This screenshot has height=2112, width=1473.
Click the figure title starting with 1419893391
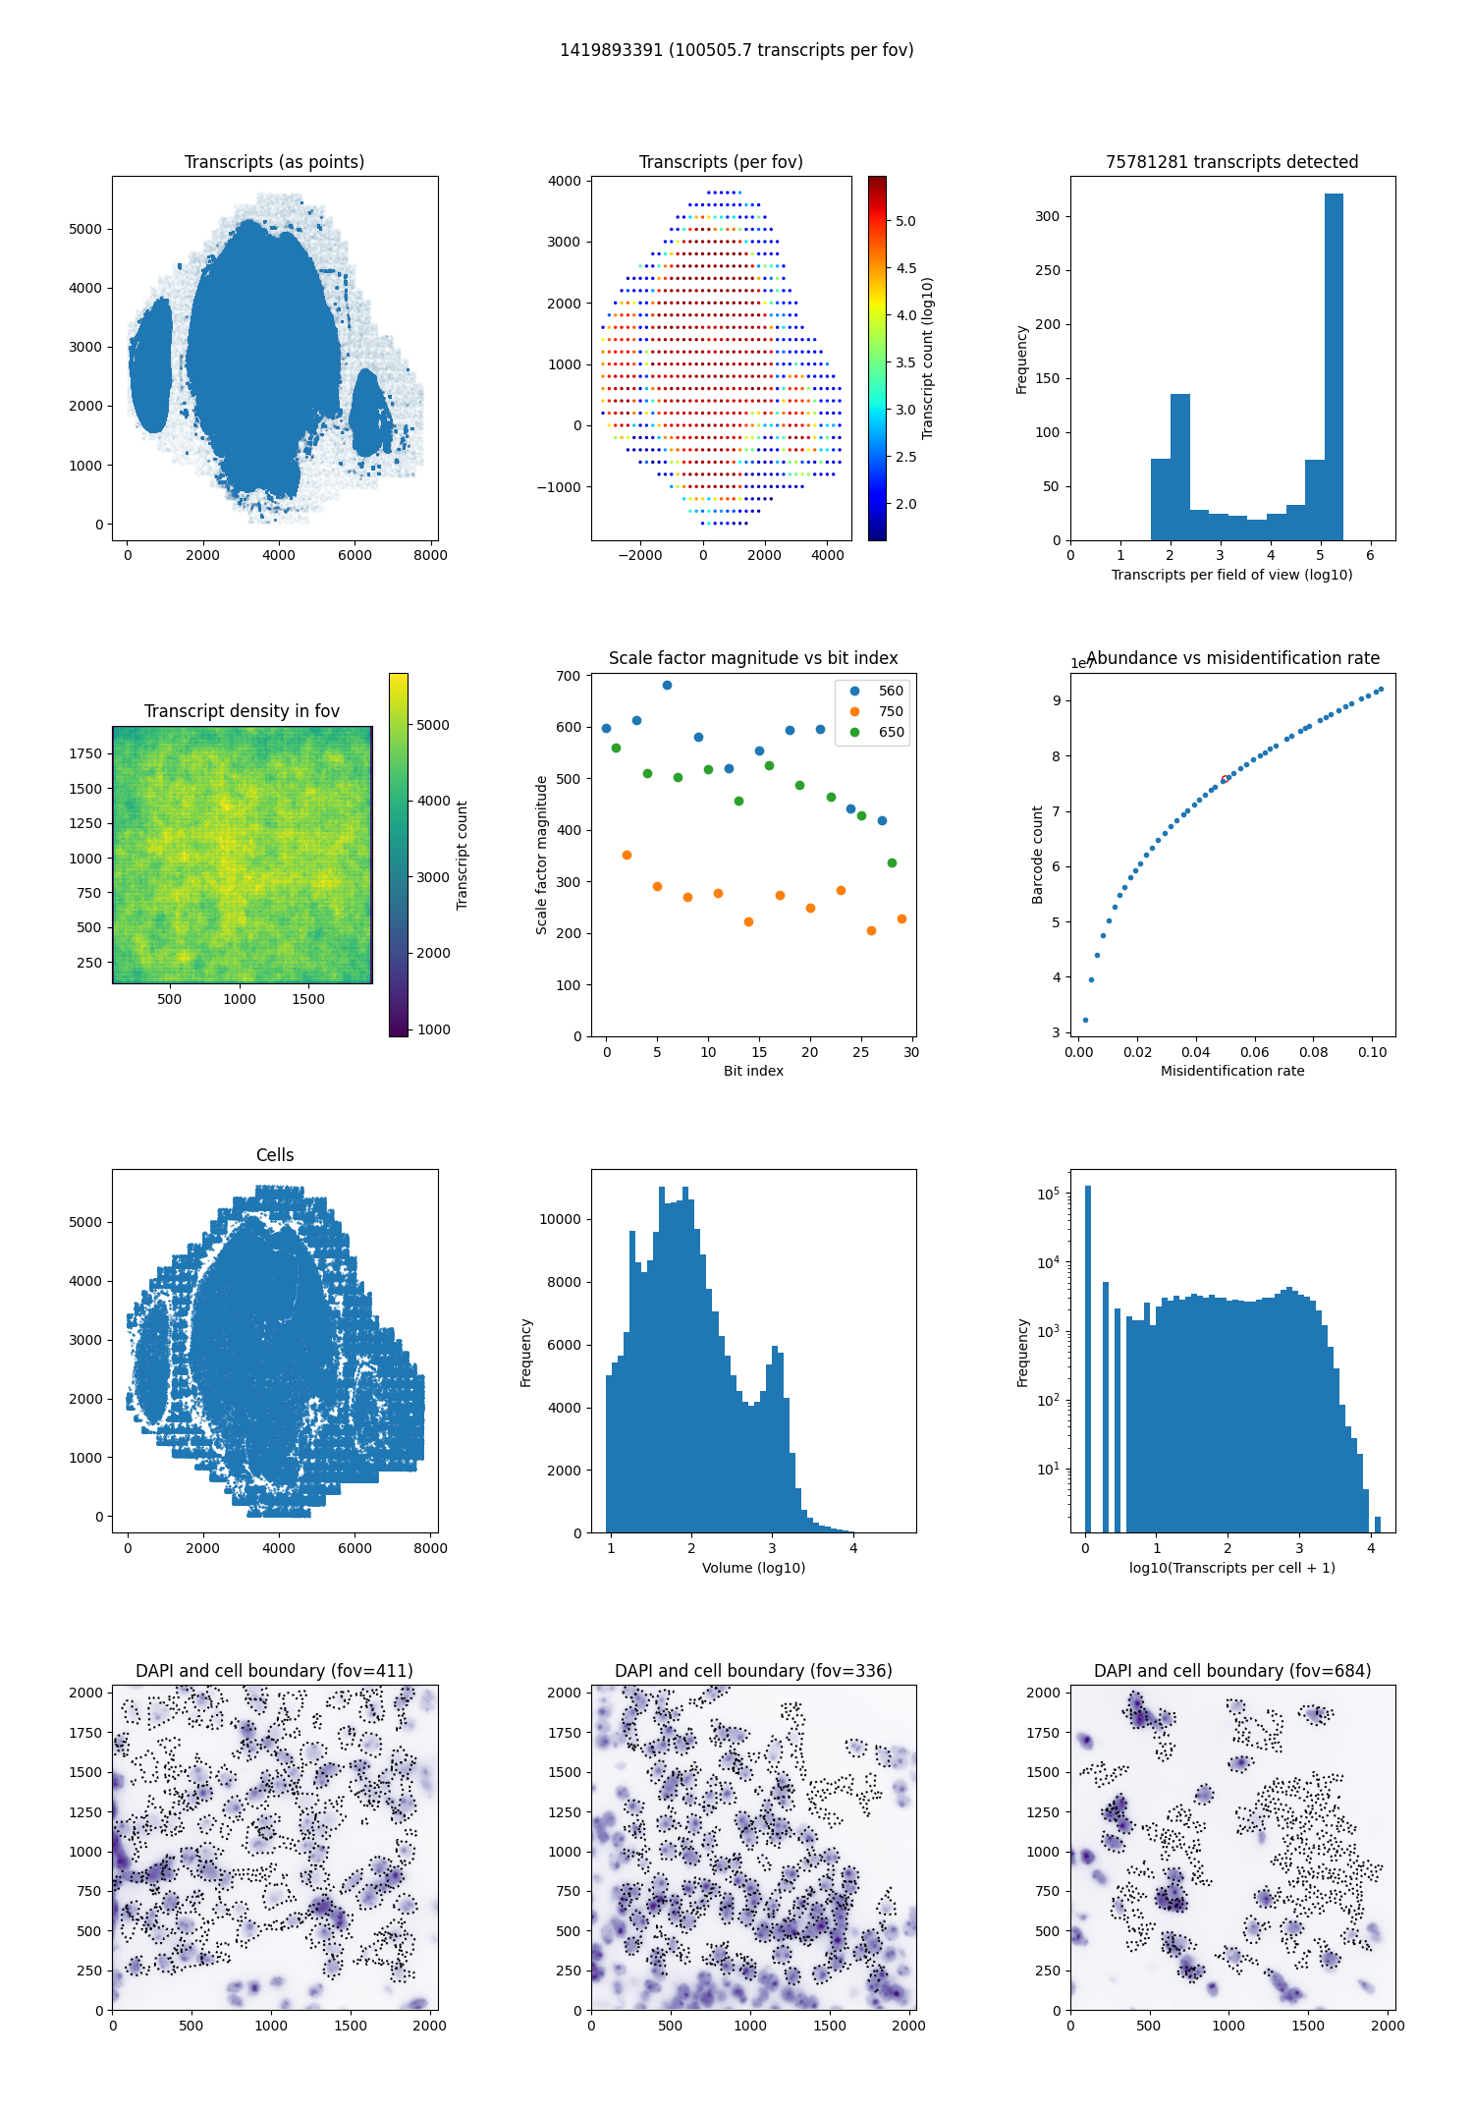(736, 50)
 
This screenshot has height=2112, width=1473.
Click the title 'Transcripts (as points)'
(275, 162)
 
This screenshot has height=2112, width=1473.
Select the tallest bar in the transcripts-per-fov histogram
(1334, 366)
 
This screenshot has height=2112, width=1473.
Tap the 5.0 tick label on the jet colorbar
(905, 221)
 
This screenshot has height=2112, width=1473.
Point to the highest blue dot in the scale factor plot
(668, 686)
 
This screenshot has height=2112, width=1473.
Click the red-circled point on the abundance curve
(1225, 780)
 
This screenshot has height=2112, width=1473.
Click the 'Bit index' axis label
(753, 1071)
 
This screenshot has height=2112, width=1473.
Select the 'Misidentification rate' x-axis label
(1232, 1071)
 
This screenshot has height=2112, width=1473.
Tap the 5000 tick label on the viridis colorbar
(433, 725)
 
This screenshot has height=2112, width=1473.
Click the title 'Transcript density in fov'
(242, 711)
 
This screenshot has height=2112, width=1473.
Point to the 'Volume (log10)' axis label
(753, 1568)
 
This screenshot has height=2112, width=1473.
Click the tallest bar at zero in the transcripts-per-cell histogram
(1088, 1360)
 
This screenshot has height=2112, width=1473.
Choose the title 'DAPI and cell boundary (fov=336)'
(753, 1671)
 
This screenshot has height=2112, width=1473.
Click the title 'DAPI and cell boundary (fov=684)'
(1232, 1671)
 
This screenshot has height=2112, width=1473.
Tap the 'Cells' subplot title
(275, 1155)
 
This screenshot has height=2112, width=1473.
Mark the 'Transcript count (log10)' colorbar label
(928, 359)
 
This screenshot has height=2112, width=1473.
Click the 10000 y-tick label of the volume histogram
(562, 1219)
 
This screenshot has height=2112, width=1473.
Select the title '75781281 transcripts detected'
(1232, 162)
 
